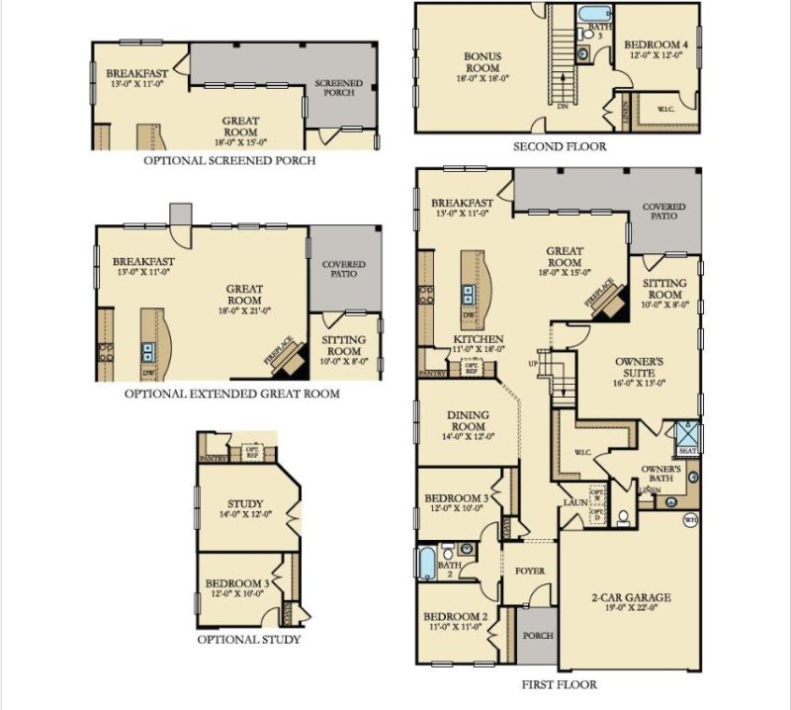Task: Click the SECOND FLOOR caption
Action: pyautogui.click(x=559, y=146)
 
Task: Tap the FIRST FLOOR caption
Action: pyautogui.click(x=559, y=684)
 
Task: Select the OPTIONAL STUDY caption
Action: pyautogui.click(x=249, y=640)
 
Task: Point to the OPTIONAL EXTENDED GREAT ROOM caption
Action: pyautogui.click(x=231, y=394)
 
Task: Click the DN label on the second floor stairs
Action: pyautogui.click(x=563, y=105)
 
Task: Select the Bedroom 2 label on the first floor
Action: pyautogui.click(x=456, y=621)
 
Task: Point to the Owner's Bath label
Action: pyautogui.click(x=661, y=473)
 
